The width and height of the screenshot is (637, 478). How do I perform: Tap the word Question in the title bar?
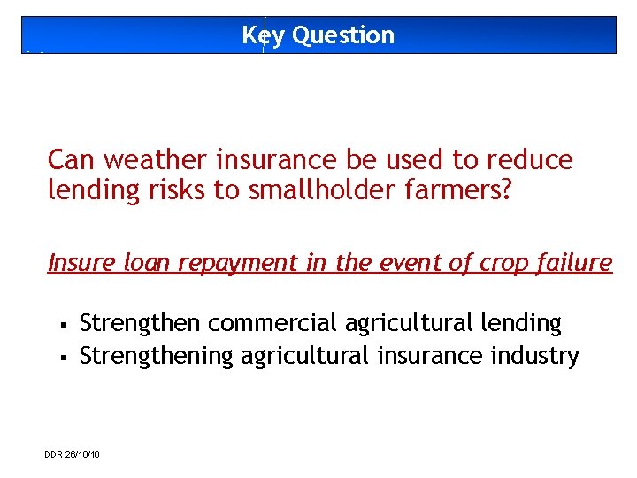point(342,35)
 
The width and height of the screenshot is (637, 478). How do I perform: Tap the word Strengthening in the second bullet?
point(157,356)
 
